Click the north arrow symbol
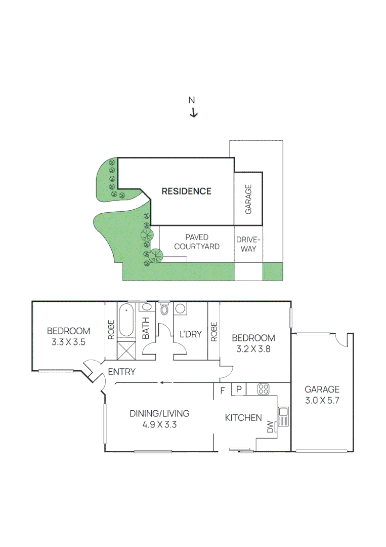coord(193,113)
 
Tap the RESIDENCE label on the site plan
coord(186,191)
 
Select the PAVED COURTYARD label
coord(197,242)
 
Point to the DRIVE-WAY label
coord(248,244)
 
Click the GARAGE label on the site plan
coord(248,199)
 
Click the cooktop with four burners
coord(264,389)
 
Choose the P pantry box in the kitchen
coord(239,389)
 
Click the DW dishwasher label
coord(270,428)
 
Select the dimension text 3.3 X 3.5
coord(68,342)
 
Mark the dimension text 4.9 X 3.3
coord(159,425)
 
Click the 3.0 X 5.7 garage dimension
coord(322,400)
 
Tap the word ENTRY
coord(122,372)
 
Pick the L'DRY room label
coord(191,334)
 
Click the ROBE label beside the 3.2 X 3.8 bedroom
coord(213,331)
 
